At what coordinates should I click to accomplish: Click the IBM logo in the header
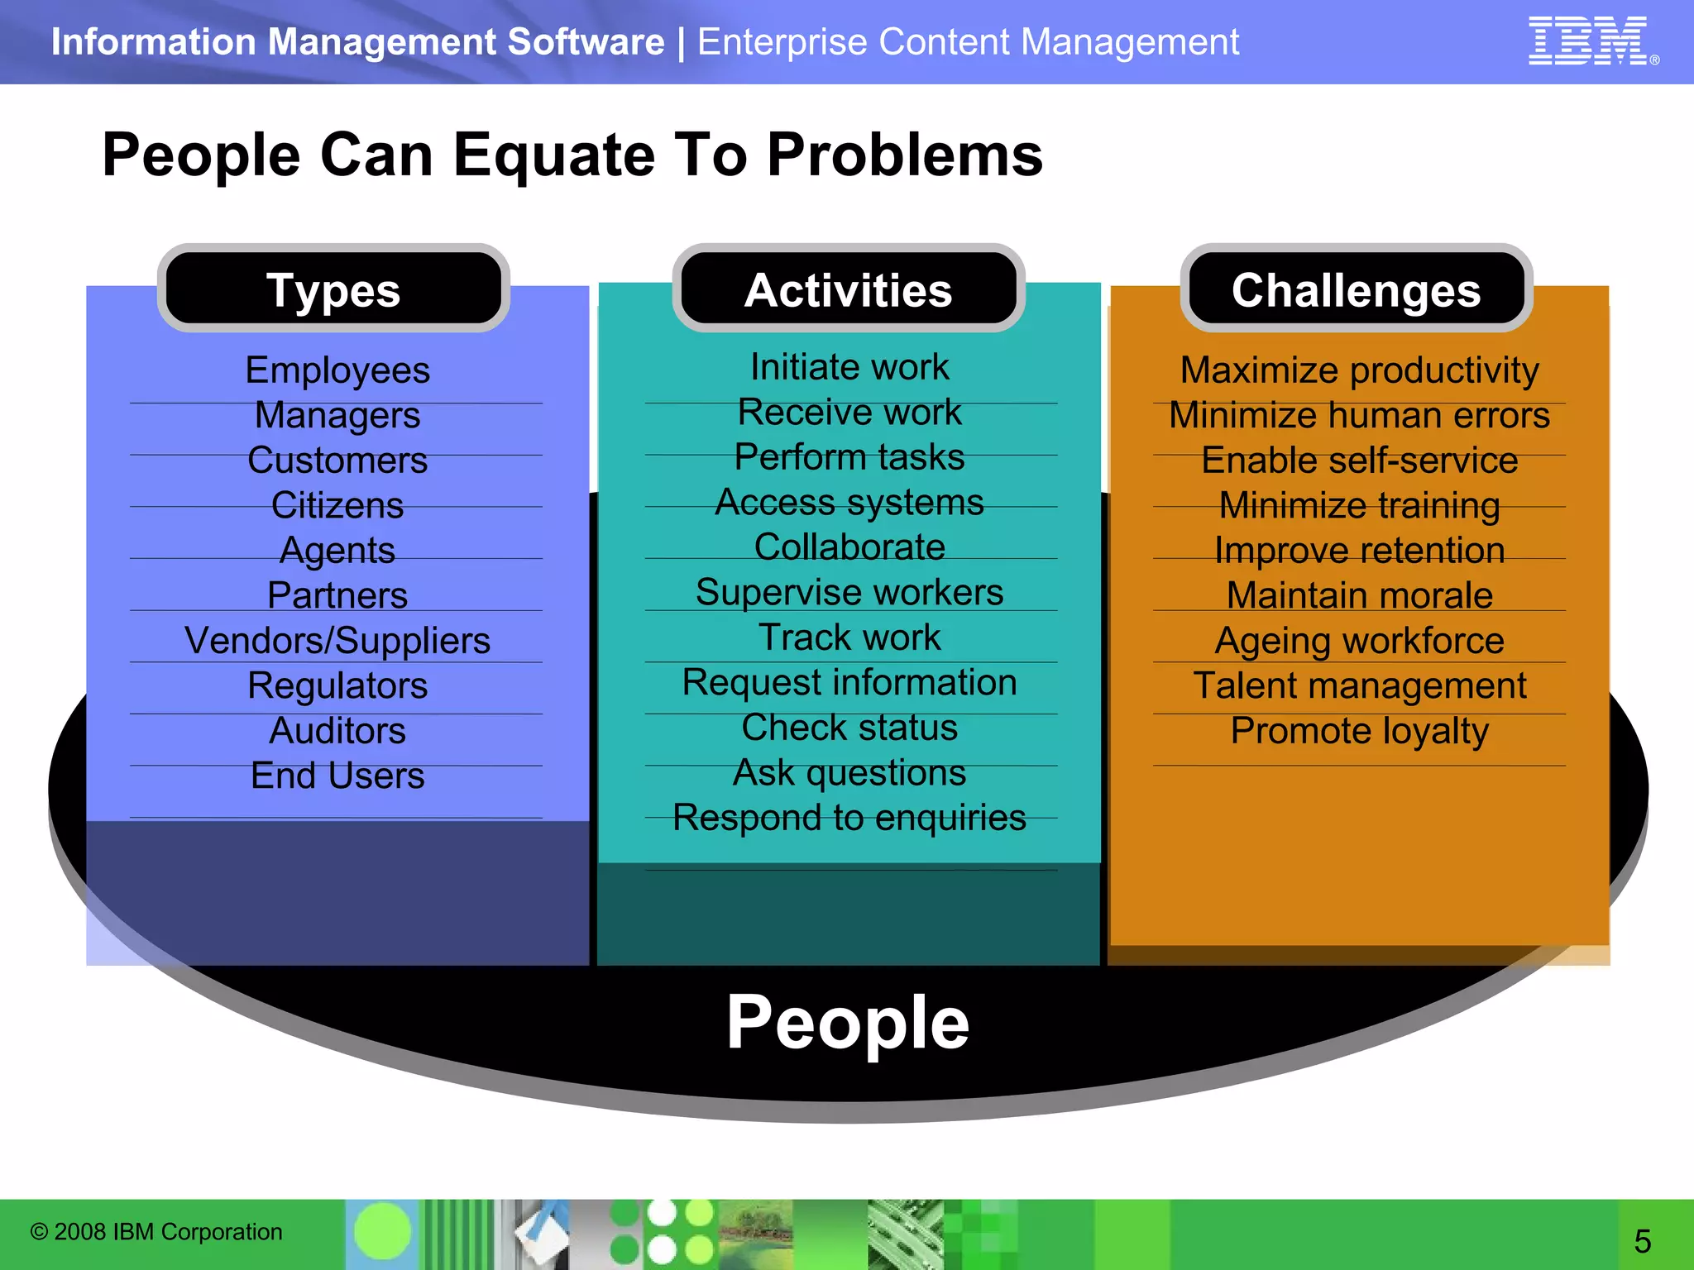coord(1590,41)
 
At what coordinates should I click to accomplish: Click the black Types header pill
coord(333,289)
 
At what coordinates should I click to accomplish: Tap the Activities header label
coord(849,290)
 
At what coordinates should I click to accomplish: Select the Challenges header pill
coord(1357,290)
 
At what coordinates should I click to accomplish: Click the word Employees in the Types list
coord(337,370)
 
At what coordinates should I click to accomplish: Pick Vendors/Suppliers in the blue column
coord(337,640)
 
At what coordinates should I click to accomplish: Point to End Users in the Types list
coord(337,776)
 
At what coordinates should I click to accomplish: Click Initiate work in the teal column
coord(849,366)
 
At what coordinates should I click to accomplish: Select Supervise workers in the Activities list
coord(849,592)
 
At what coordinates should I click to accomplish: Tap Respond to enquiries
coord(849,818)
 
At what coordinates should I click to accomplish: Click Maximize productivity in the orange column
coord(1359,370)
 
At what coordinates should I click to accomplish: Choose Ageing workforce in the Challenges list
coord(1359,641)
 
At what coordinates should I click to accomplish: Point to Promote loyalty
coord(1359,731)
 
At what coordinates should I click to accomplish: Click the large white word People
coord(848,1023)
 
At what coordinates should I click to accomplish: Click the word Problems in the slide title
coord(905,155)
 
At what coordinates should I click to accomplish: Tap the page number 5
coord(1643,1241)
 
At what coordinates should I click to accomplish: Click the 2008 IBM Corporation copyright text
coord(156,1232)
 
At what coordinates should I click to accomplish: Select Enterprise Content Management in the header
coord(968,42)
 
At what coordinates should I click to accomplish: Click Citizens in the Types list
coord(337,505)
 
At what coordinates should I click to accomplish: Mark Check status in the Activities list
coord(849,728)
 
